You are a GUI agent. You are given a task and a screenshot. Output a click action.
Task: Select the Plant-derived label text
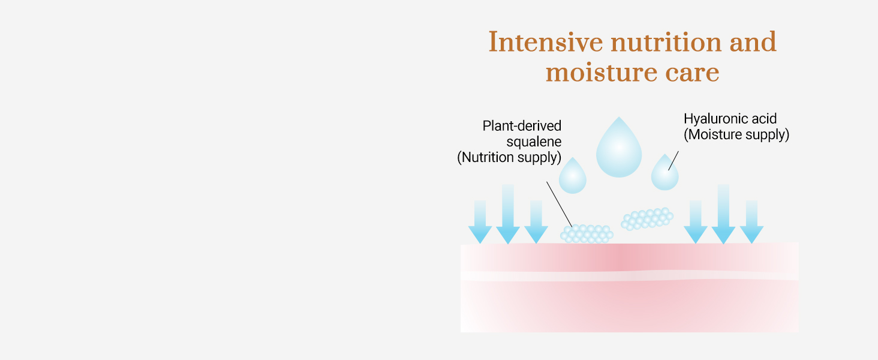coord(522,126)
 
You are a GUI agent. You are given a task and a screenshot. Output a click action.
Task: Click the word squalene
coord(534,142)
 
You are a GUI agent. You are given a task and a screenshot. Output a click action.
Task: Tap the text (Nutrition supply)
coord(509,157)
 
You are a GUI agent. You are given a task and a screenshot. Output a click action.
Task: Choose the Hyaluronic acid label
coord(730,119)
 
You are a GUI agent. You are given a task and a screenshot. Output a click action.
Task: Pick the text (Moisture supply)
coord(736,134)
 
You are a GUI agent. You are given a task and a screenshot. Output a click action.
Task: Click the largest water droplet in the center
coord(619,150)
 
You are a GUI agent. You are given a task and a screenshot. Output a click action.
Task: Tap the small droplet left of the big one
coord(573,177)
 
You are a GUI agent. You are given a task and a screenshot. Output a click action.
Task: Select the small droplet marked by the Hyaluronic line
coord(664,174)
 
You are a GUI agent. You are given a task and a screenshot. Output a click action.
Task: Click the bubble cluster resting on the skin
coord(587,234)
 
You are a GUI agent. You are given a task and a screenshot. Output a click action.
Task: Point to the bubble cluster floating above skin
coord(647,219)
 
